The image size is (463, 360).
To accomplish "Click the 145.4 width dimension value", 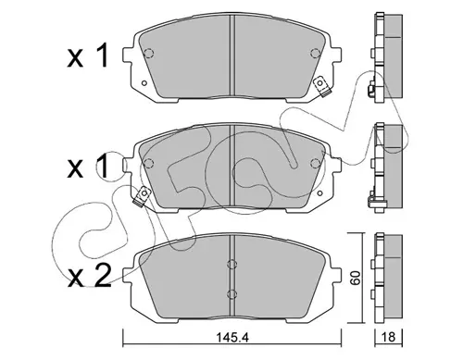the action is tap(231, 338).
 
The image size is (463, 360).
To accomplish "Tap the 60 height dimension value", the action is tap(356, 279).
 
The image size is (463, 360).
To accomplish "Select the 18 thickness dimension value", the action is tap(389, 337).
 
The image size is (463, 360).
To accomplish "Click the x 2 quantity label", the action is tap(89, 276).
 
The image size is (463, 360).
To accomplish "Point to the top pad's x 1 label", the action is tap(88, 56).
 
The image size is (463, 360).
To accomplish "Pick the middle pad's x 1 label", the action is tap(88, 167).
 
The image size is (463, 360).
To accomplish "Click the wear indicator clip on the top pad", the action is tap(321, 87).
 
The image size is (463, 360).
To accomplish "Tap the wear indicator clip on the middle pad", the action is tap(141, 197).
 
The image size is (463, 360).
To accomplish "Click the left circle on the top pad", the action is tap(149, 54).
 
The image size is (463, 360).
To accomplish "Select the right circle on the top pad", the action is tap(315, 54).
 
